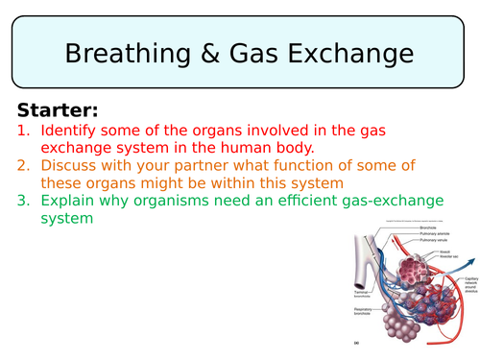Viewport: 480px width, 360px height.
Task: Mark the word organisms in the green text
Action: coord(176,201)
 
